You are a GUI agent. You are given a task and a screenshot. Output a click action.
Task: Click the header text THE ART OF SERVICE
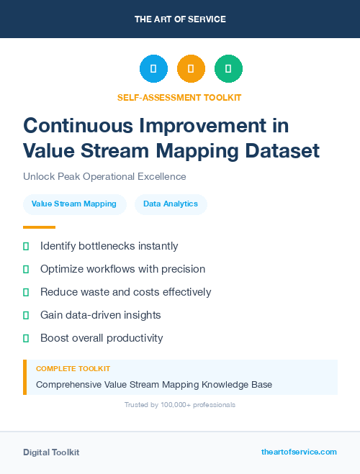tap(180, 19)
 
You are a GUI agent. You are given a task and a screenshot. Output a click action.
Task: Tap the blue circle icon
tap(153, 69)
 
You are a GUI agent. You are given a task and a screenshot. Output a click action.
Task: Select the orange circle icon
tap(191, 69)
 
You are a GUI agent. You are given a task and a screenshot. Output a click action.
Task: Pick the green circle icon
tap(228, 69)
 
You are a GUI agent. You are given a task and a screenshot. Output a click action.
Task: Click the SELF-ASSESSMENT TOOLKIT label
tap(179, 97)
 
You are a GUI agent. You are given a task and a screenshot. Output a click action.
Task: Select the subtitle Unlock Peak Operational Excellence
tap(104, 176)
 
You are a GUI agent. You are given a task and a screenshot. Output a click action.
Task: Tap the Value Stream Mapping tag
tap(75, 204)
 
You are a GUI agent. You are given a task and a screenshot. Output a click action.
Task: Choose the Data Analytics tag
tap(171, 204)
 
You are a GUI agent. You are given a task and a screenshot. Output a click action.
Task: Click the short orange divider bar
tap(39, 227)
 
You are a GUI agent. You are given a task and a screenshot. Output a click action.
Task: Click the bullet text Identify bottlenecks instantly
tap(109, 246)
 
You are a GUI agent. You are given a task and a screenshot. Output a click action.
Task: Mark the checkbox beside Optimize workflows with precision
tap(26, 269)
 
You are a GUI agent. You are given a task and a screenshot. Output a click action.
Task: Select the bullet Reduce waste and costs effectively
tap(125, 292)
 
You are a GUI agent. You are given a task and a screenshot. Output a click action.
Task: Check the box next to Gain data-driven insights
tap(26, 315)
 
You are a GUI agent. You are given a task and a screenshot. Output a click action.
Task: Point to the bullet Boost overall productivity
tap(102, 338)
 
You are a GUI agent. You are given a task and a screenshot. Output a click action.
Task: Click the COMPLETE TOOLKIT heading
tap(73, 368)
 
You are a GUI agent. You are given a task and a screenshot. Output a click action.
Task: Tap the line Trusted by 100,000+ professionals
tap(180, 405)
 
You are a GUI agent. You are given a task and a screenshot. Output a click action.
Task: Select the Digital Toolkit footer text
tap(51, 452)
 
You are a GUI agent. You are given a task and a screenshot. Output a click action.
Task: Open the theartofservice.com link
tap(299, 452)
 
